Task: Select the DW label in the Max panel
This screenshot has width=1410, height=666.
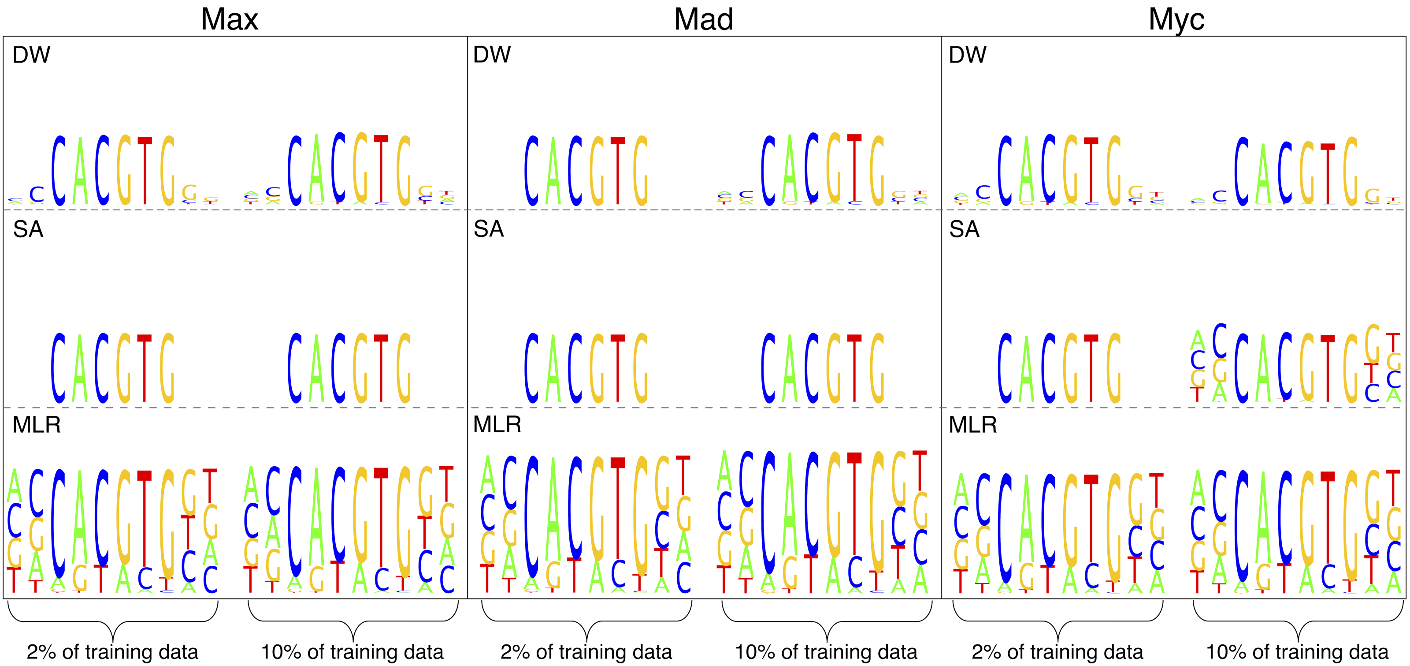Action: tap(31, 55)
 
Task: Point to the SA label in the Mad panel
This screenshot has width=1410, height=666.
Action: tap(488, 229)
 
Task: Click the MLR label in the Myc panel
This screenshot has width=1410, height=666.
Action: tap(972, 424)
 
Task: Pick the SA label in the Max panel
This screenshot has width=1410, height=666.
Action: tap(28, 229)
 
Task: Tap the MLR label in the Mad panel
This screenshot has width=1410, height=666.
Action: tap(497, 424)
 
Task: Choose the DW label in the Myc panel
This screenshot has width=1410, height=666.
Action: tap(967, 55)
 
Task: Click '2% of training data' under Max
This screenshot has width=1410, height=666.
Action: tap(112, 652)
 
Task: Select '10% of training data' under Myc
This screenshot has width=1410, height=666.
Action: tap(1297, 652)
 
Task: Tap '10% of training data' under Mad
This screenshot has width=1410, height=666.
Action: tap(826, 652)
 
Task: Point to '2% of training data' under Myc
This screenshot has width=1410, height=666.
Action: tap(1057, 652)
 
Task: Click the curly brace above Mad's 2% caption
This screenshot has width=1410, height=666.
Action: tap(586, 621)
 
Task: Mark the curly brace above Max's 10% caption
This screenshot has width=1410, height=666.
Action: tap(353, 621)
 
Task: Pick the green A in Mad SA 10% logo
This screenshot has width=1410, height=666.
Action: tap(789, 370)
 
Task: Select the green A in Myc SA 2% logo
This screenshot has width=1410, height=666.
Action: tap(1026, 370)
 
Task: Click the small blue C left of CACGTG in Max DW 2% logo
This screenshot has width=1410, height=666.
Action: tap(37, 194)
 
